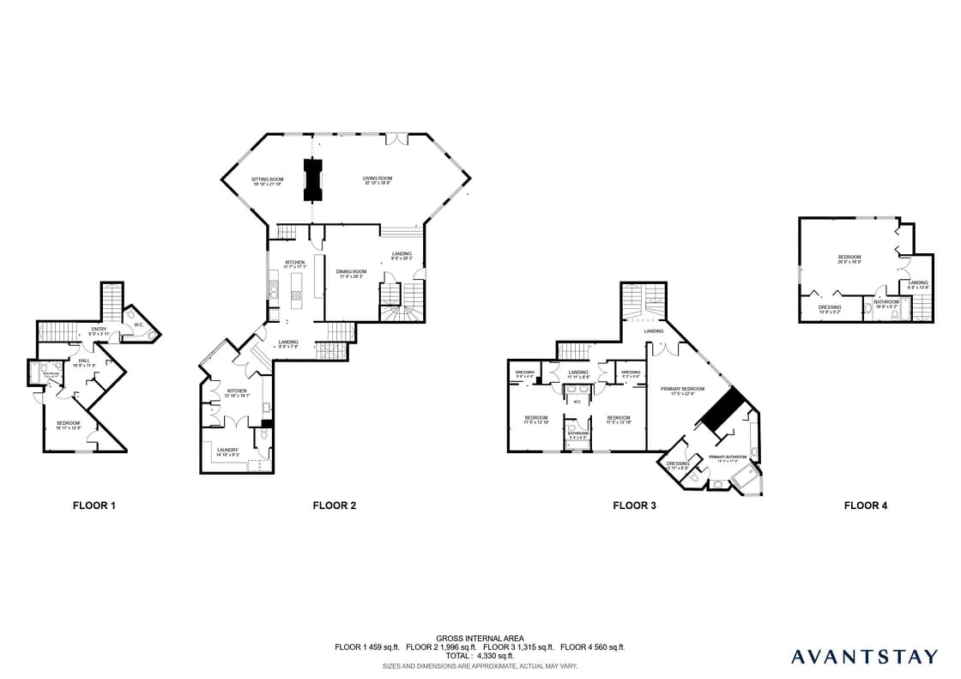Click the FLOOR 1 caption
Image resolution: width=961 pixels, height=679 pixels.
click(94, 506)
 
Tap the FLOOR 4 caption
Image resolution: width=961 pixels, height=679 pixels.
click(866, 506)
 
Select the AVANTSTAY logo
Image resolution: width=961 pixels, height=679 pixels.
click(864, 657)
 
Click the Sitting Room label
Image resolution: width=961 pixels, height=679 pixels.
click(267, 180)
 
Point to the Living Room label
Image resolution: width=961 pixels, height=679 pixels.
click(377, 180)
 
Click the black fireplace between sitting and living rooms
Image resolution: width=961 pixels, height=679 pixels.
click(311, 179)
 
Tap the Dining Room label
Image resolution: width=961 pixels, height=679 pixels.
click(352, 274)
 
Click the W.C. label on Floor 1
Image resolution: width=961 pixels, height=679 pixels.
click(138, 324)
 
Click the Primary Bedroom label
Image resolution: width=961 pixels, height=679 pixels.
click(676, 391)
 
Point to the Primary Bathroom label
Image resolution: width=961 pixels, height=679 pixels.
click(727, 457)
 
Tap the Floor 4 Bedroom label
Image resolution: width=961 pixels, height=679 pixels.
click(849, 258)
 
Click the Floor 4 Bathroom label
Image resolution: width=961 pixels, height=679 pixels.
click(886, 302)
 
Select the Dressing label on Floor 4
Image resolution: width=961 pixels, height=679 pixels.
click(829, 308)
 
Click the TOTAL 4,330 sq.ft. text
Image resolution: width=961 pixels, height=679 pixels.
click(480, 656)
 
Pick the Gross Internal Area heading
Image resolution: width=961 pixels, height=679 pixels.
click(480, 639)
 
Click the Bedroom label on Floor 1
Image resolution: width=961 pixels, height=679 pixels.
click(69, 425)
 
